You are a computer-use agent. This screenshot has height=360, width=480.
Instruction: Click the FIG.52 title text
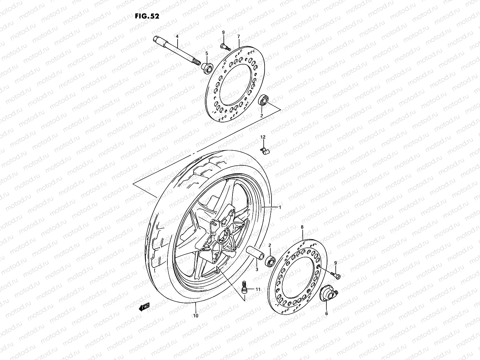point(147,16)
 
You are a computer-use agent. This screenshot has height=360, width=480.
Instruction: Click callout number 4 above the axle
point(177,36)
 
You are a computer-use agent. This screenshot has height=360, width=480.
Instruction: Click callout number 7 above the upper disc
point(238,36)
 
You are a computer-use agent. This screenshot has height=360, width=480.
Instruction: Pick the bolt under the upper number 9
point(224,46)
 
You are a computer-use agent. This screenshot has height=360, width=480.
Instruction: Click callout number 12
point(263,137)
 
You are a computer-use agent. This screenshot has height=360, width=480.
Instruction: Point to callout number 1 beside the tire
point(280,207)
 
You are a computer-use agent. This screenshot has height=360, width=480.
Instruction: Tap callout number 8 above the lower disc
point(302,227)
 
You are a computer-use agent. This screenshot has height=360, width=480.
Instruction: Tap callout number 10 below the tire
point(196,316)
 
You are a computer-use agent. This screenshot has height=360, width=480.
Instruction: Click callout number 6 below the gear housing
point(326,313)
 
